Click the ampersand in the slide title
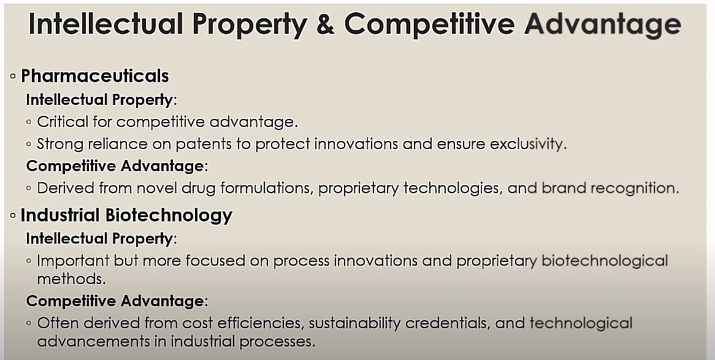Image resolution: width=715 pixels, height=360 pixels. pos(324,24)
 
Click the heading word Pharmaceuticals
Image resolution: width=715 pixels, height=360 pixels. pos(95,76)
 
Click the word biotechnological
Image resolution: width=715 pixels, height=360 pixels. pos(605,261)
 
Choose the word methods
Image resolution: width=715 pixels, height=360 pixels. pos(71,279)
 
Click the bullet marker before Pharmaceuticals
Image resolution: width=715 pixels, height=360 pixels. pos(13,77)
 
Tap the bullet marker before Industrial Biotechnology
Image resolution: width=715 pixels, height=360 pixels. pos(13,215)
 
